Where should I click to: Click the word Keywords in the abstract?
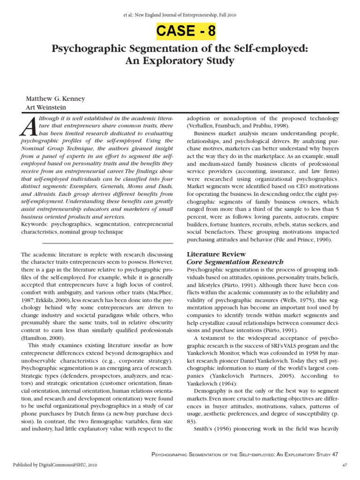click(x=37, y=225)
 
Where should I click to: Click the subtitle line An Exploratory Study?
click(x=180, y=61)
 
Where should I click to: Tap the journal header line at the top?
click(x=180, y=15)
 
